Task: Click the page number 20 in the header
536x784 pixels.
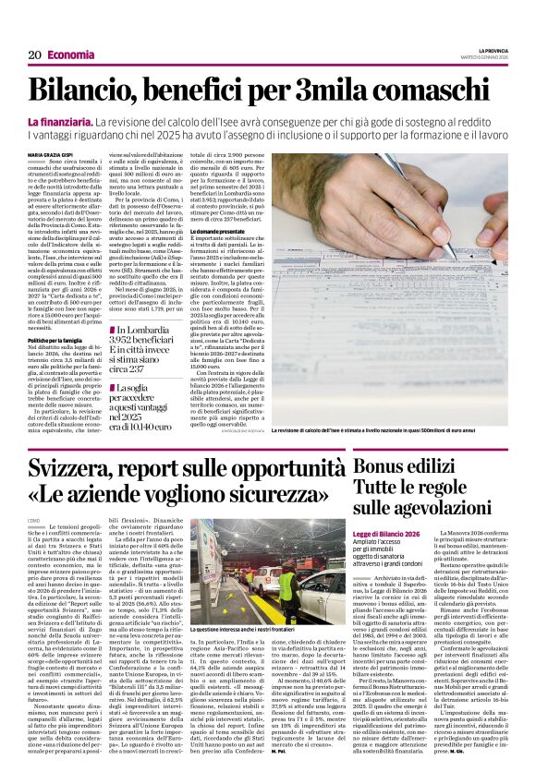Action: (x=33, y=55)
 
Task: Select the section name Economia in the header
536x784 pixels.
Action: (x=69, y=55)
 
